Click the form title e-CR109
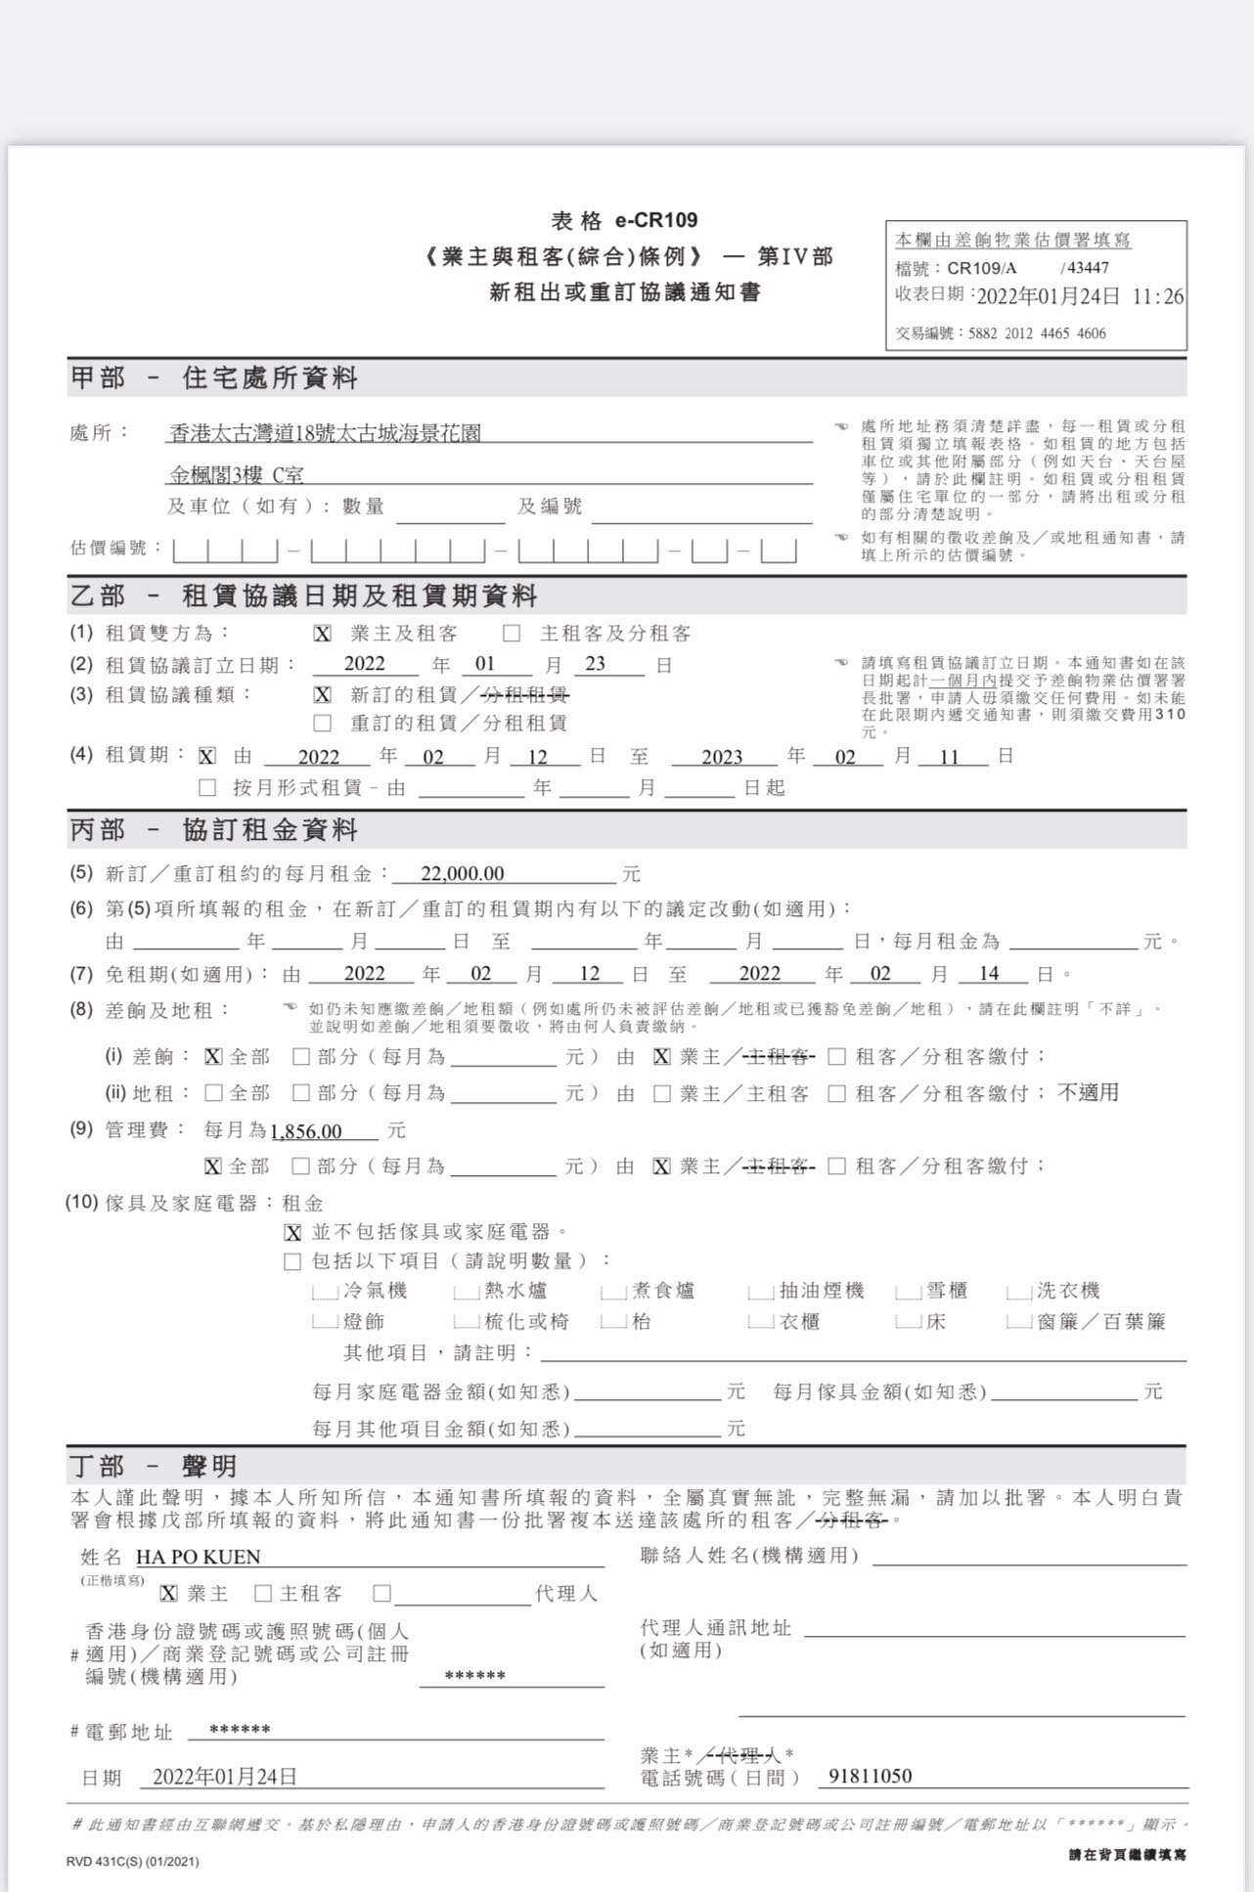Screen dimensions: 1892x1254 click(656, 221)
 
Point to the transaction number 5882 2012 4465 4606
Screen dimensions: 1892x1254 click(1037, 333)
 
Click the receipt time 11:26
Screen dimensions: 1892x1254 click(1157, 296)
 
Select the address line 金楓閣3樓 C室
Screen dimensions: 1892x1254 click(237, 475)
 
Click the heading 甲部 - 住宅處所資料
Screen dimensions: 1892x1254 click(214, 378)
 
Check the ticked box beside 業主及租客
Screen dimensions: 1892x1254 click(323, 634)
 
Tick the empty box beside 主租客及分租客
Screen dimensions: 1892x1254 click(512, 634)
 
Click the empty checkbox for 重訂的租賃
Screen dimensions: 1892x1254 click(323, 724)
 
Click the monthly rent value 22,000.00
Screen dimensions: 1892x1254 click(462, 873)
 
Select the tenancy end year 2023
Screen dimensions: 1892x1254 click(722, 757)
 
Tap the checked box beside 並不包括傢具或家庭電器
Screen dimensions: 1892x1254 click(292, 1233)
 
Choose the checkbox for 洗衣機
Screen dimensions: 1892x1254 click(1019, 1293)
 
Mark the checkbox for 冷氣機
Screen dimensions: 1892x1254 click(325, 1293)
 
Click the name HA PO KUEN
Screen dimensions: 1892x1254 click(198, 1557)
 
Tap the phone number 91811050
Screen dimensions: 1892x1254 click(870, 1776)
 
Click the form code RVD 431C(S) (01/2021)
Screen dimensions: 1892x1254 click(132, 1861)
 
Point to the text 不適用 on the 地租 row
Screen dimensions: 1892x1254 click(1088, 1092)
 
